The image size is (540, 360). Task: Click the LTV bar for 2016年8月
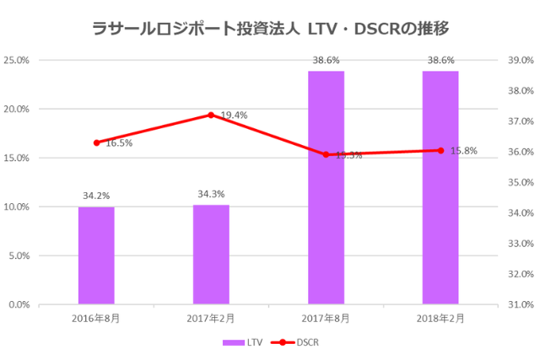click(x=96, y=255)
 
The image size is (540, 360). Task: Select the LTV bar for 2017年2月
click(x=211, y=254)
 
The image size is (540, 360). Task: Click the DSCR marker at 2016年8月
click(x=96, y=142)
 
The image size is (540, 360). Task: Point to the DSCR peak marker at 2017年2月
click(x=211, y=115)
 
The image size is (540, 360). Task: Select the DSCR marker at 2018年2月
click(x=440, y=150)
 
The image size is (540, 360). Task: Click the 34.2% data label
click(x=96, y=196)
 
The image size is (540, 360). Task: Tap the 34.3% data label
click(x=211, y=194)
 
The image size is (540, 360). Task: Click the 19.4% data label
click(x=234, y=115)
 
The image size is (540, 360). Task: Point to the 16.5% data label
click(x=118, y=143)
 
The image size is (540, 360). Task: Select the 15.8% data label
click(x=463, y=151)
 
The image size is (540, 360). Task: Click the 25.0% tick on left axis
click(x=18, y=61)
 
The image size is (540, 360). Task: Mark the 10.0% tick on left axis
click(x=18, y=207)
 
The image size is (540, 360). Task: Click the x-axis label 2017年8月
click(x=326, y=318)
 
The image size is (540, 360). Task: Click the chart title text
click(x=270, y=29)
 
